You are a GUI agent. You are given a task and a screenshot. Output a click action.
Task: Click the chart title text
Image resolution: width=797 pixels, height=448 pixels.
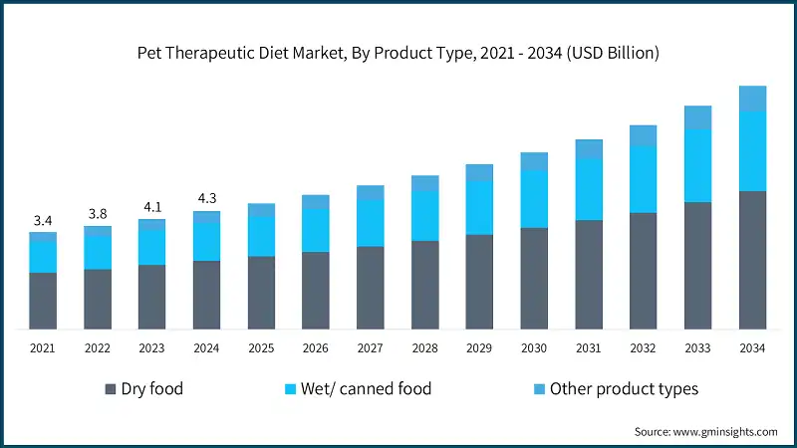point(398,54)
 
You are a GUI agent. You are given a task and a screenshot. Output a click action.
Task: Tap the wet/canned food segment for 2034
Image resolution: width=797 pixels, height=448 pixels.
point(752,150)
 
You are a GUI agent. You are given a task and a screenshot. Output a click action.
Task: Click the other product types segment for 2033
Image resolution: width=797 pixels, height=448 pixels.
point(697,117)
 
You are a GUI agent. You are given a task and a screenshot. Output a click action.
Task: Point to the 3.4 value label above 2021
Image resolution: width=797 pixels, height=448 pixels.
point(43,220)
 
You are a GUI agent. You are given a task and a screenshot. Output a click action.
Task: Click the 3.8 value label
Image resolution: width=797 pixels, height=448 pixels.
point(98,213)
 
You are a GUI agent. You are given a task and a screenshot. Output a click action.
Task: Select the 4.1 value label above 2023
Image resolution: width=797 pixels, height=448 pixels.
point(152,207)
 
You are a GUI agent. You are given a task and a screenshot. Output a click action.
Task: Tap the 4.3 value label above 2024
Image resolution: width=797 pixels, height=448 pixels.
point(207,198)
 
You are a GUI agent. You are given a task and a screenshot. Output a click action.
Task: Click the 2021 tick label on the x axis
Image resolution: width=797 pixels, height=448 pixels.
point(43,348)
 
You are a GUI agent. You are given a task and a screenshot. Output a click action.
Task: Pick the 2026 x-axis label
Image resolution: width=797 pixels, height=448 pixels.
point(316,348)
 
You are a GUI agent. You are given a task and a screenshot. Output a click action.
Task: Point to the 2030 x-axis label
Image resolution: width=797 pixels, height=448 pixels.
point(534,348)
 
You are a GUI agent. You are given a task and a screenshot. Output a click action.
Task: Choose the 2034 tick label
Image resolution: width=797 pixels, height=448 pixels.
point(752,348)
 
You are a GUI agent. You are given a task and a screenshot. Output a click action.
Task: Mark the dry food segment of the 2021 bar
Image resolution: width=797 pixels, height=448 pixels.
point(43,301)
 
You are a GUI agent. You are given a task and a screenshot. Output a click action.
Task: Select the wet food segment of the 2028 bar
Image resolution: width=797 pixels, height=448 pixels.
point(425,215)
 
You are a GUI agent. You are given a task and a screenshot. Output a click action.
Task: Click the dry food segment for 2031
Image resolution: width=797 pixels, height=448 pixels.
point(589,274)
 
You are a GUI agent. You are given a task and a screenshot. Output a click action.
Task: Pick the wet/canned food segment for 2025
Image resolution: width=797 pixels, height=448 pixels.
point(261,236)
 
